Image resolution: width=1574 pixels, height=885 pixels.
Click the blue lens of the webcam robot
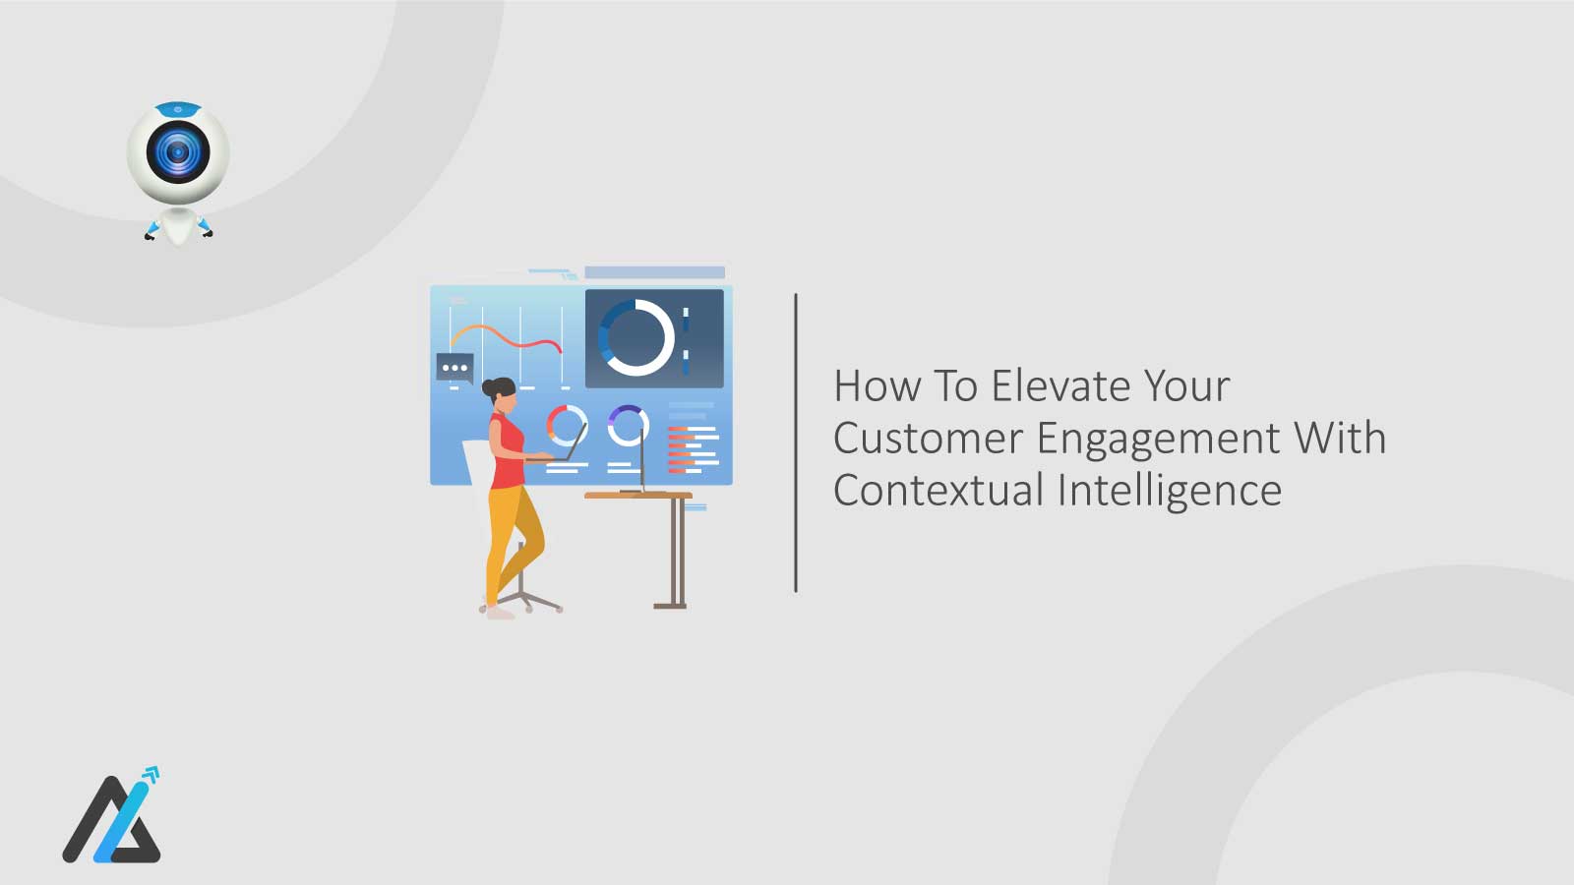[178, 152]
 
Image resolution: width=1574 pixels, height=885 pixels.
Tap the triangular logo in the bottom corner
[111, 820]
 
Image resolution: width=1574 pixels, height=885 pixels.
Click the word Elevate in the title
[1061, 385]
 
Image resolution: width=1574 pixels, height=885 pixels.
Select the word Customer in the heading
[928, 438]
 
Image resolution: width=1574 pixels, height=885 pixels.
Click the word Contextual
[938, 490]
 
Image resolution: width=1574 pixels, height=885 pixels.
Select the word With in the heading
[1339, 438]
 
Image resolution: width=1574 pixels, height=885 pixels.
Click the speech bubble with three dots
[454, 368]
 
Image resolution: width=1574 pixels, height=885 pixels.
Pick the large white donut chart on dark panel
[636, 337]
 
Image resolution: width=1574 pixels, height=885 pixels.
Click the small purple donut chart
[628, 425]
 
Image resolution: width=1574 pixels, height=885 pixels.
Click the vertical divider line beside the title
[795, 442]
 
